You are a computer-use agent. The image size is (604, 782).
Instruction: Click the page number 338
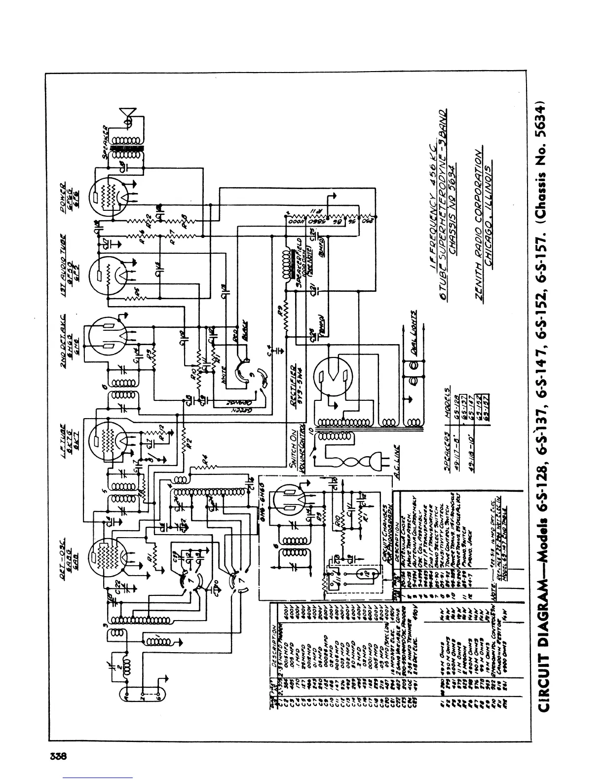coord(58,756)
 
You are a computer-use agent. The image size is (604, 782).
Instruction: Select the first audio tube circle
coord(108,275)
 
